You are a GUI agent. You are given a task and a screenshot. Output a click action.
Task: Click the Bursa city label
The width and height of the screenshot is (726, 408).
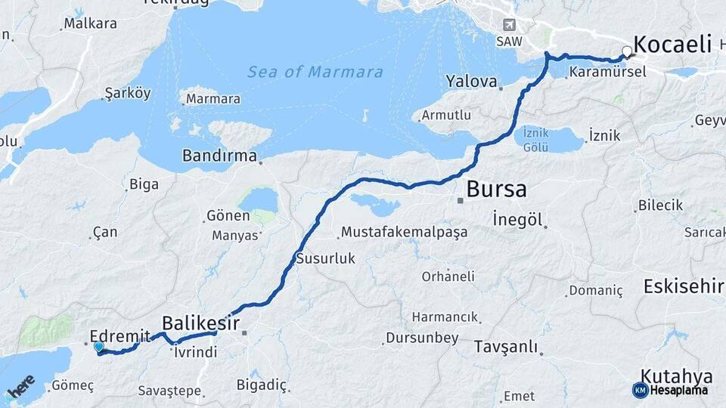click(496, 189)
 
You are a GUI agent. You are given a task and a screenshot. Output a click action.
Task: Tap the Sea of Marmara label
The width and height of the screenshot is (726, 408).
click(315, 73)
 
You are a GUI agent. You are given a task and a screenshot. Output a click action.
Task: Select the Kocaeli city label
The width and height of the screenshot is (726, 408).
click(672, 44)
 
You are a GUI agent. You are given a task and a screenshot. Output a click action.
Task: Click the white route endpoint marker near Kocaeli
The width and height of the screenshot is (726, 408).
click(627, 51)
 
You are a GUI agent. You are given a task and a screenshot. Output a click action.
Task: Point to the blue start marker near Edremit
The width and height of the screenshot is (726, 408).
click(99, 347)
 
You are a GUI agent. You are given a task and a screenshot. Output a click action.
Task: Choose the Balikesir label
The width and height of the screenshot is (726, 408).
click(201, 323)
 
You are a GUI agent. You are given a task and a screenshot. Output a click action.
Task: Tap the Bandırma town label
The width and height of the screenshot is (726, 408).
click(220, 156)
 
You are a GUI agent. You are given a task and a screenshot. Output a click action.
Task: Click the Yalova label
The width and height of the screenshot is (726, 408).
click(471, 81)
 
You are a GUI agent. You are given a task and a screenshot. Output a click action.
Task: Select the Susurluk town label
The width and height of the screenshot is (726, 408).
click(325, 258)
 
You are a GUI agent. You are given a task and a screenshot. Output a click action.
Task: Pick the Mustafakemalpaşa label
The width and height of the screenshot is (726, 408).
click(404, 232)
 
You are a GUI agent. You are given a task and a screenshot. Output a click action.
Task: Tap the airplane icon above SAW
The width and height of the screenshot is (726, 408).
click(507, 26)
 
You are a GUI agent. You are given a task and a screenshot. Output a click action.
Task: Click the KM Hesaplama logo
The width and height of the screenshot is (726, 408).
click(670, 390)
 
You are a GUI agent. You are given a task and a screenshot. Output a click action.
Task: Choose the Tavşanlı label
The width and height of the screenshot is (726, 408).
click(506, 347)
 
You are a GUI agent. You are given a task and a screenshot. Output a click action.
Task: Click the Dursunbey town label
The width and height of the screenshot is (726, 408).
click(421, 338)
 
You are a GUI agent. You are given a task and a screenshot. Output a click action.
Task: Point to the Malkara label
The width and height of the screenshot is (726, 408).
click(90, 23)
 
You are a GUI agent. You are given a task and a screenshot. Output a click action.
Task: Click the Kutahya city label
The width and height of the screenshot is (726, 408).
click(677, 376)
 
